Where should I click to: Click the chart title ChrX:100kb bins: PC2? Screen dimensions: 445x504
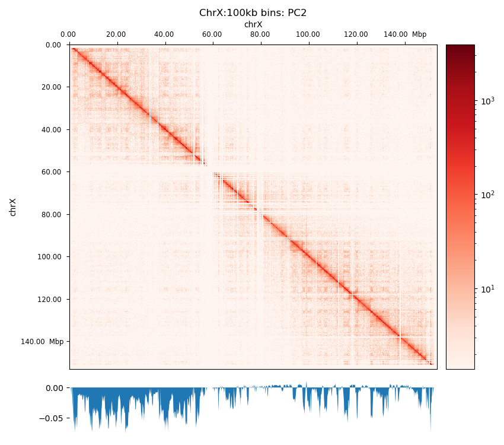(x=253, y=13)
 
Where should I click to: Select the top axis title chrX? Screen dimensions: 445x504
(x=253, y=24)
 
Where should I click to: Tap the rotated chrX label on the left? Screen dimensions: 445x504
(x=13, y=207)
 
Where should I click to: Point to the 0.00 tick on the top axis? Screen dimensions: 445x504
(x=68, y=34)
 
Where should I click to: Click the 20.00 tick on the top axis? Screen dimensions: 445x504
(x=116, y=34)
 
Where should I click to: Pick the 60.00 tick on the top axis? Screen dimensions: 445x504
(x=212, y=34)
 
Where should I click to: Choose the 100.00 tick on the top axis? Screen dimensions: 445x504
(x=308, y=34)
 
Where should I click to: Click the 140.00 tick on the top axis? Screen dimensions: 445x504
(x=395, y=34)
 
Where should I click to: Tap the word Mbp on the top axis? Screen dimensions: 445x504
(x=419, y=34)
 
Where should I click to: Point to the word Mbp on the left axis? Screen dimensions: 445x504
(x=56, y=342)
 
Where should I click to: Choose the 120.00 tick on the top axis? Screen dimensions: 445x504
(x=356, y=34)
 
